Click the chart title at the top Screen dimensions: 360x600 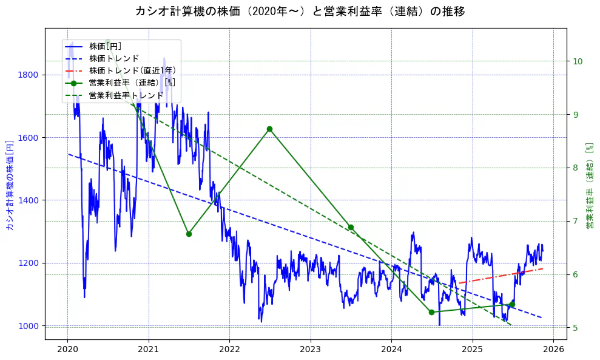coord(300,11)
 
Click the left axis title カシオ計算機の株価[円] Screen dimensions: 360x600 coord(9,185)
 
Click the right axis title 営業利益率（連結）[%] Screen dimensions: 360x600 coord(589,185)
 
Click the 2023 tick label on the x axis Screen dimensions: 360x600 coord(310,350)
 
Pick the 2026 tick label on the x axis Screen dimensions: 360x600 coord(553,350)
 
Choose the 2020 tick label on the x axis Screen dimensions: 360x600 coord(67,350)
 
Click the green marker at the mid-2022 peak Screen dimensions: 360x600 coord(269,129)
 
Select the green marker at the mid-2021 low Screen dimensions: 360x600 coord(189,234)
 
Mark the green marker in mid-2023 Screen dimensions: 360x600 coord(351,227)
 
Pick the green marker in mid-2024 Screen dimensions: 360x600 coord(431,312)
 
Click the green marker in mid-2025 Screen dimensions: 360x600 coord(512,304)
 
